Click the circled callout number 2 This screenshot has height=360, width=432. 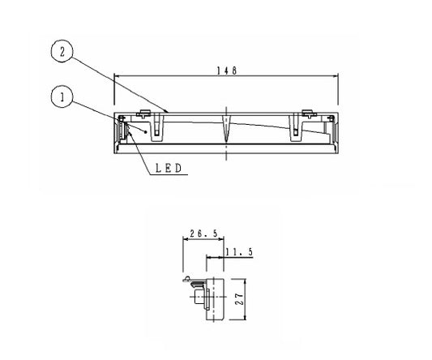(62, 52)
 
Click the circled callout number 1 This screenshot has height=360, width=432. (62, 96)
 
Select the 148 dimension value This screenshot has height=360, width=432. (226, 71)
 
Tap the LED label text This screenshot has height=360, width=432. (169, 168)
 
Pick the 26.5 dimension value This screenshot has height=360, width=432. (203, 234)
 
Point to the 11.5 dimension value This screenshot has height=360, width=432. (239, 251)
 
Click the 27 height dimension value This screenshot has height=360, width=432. (239, 299)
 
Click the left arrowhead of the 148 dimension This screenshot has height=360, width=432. (116, 76)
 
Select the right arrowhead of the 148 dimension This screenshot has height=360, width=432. (336, 76)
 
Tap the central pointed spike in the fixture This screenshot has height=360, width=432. (226, 128)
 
